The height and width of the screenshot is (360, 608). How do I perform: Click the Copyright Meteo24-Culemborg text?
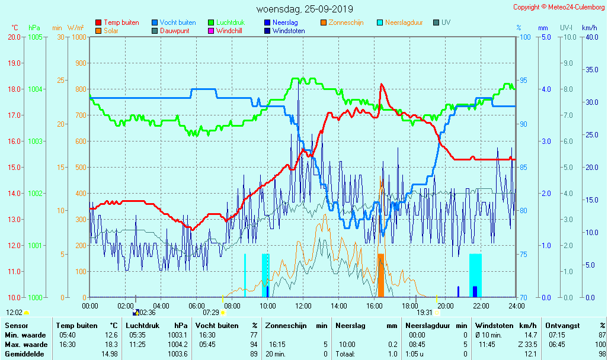[559, 7]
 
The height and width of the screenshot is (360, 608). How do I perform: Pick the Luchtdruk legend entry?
[233, 22]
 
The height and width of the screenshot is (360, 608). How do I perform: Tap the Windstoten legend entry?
[289, 31]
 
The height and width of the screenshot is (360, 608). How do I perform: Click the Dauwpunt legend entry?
[175, 31]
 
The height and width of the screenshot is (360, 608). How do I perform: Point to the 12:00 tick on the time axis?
[303, 306]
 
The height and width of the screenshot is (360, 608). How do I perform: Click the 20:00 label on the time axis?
[446, 306]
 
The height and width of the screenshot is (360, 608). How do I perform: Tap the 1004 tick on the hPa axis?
[35, 89]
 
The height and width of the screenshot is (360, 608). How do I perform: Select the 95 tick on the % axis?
[524, 81]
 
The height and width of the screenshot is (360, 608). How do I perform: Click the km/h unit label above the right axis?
[589, 28]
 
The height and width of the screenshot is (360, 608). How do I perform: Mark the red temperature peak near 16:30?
[382, 85]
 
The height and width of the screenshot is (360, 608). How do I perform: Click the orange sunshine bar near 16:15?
[381, 275]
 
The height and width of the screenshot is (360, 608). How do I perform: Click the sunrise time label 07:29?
[211, 312]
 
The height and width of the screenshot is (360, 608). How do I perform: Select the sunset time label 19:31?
[424, 312]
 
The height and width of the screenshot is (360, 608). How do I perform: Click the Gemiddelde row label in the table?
[23, 353]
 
